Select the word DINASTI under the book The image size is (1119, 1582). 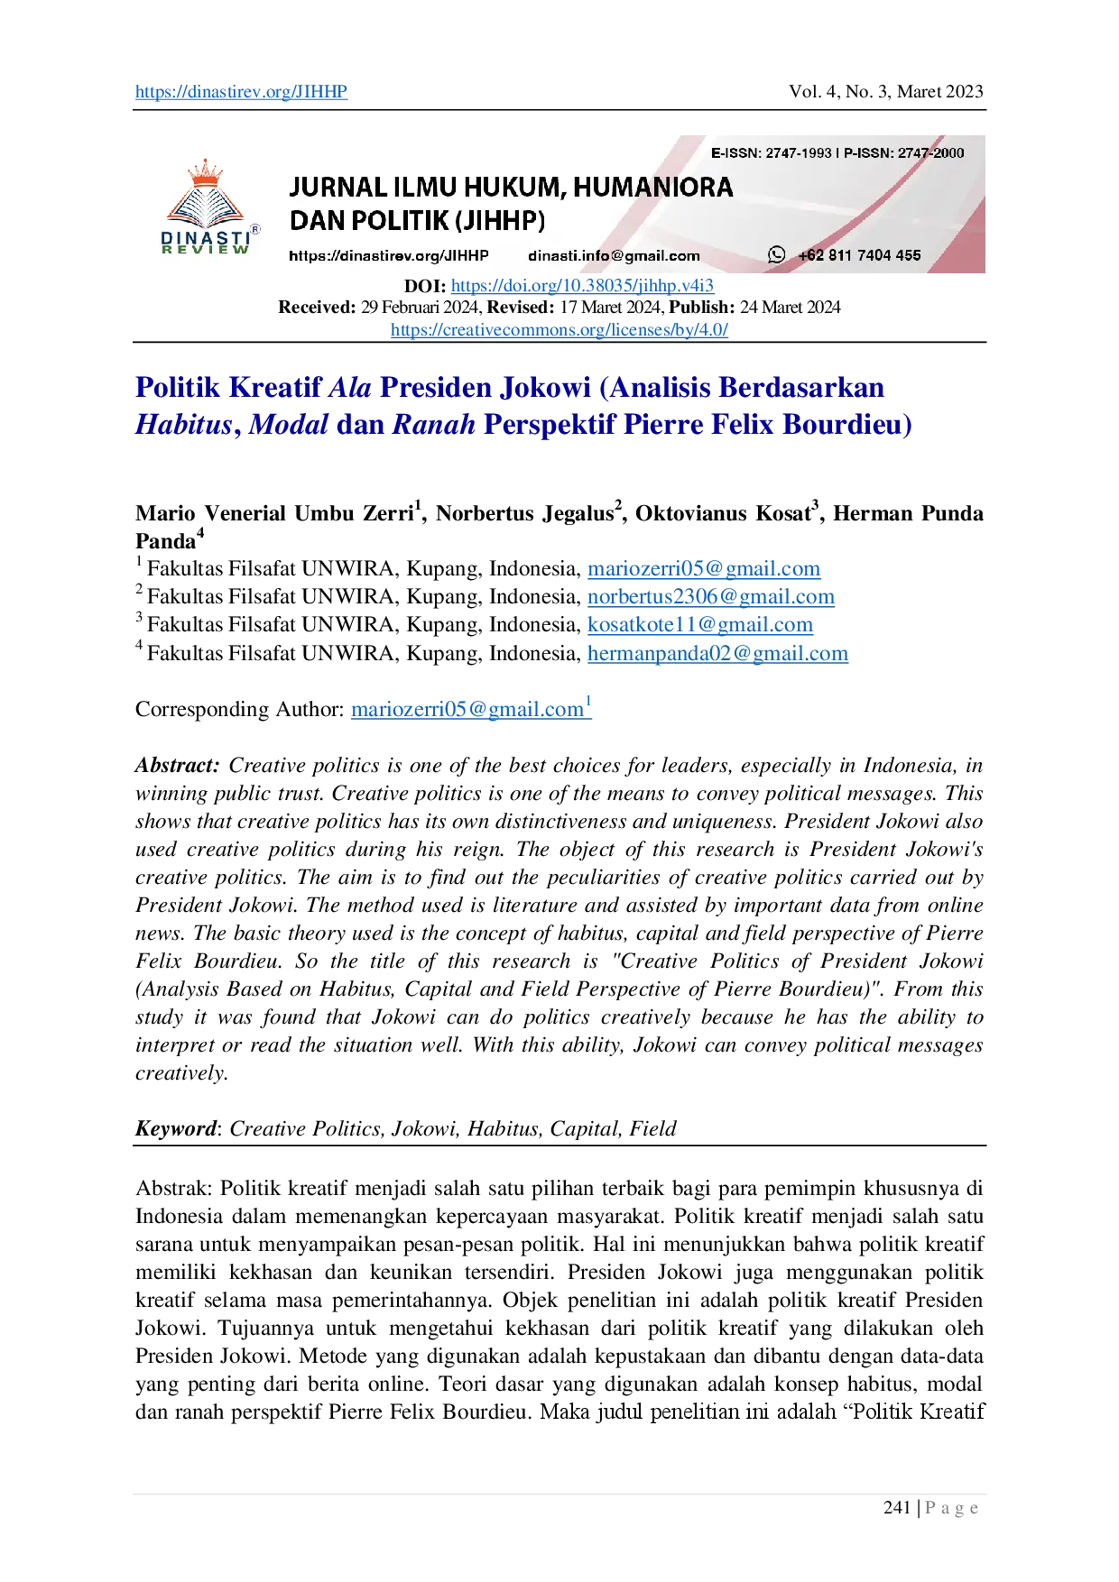pos(205,237)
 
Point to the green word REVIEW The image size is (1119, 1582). pos(205,250)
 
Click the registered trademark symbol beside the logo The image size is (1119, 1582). pos(255,230)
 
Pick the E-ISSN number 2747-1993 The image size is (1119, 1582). pos(799,153)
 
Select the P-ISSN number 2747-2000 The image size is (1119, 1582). pos(930,153)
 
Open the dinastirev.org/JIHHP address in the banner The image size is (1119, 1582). pos(388,256)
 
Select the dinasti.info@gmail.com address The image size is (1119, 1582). pos(614,256)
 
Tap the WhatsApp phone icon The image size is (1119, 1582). pos(776,255)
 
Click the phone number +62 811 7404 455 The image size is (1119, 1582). pos(859,256)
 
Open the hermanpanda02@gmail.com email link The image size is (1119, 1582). pos(717,653)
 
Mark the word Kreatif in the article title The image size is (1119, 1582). pos(275,388)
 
